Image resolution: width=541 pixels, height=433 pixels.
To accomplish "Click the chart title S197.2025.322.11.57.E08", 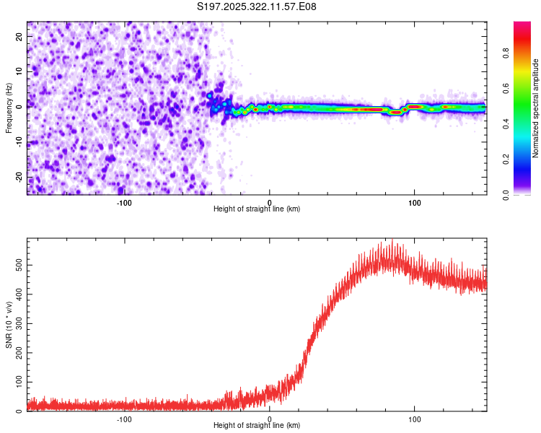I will [258, 6].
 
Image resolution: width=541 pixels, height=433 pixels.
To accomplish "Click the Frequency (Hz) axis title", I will [9, 108].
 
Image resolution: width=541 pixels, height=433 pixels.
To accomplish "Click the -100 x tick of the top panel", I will [124, 201].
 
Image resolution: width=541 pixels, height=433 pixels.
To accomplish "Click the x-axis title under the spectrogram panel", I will [257, 209].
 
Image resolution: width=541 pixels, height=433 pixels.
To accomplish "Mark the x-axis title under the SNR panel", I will [257, 426].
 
